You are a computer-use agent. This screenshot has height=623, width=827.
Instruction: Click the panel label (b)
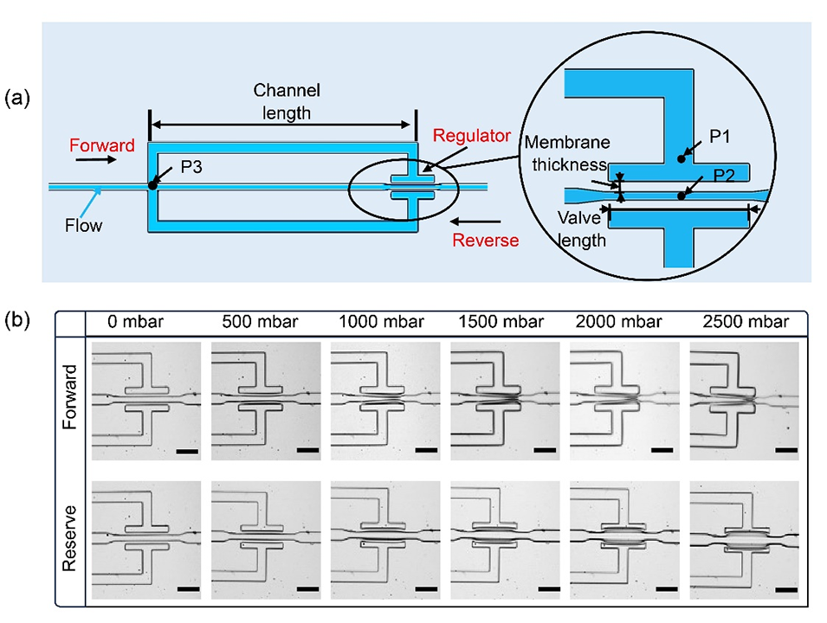click(x=18, y=321)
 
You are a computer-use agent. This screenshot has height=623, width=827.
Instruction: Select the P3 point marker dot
click(x=153, y=184)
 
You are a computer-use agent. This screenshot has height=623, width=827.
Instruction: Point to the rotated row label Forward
click(x=71, y=398)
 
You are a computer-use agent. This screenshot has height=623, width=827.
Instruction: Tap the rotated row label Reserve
click(x=71, y=536)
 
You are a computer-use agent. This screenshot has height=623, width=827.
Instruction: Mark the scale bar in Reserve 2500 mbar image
click(x=785, y=591)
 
